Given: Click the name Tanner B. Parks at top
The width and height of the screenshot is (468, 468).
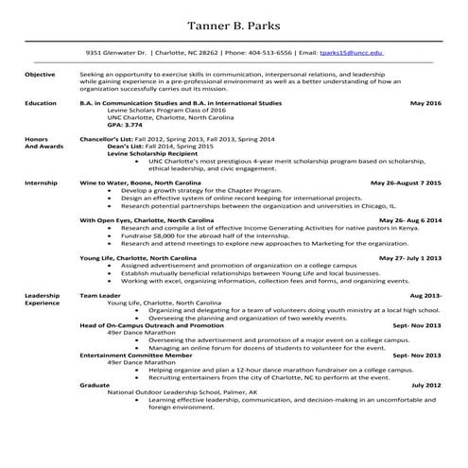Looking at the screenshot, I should (x=234, y=23).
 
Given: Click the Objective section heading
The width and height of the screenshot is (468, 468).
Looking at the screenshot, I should (x=40, y=73).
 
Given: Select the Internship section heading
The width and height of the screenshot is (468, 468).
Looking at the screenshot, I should (x=41, y=181).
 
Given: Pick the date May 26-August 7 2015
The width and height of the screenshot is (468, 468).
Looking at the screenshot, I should (x=406, y=181).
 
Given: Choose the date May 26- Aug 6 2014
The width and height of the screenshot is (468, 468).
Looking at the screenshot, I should (x=407, y=219).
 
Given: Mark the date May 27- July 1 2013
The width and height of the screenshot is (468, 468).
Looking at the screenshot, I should (x=410, y=257).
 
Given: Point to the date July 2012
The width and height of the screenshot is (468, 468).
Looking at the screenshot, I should (x=426, y=386).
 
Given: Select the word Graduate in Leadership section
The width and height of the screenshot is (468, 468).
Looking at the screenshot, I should (x=95, y=386).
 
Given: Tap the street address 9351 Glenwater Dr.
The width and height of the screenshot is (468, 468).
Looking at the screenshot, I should (x=115, y=55).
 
